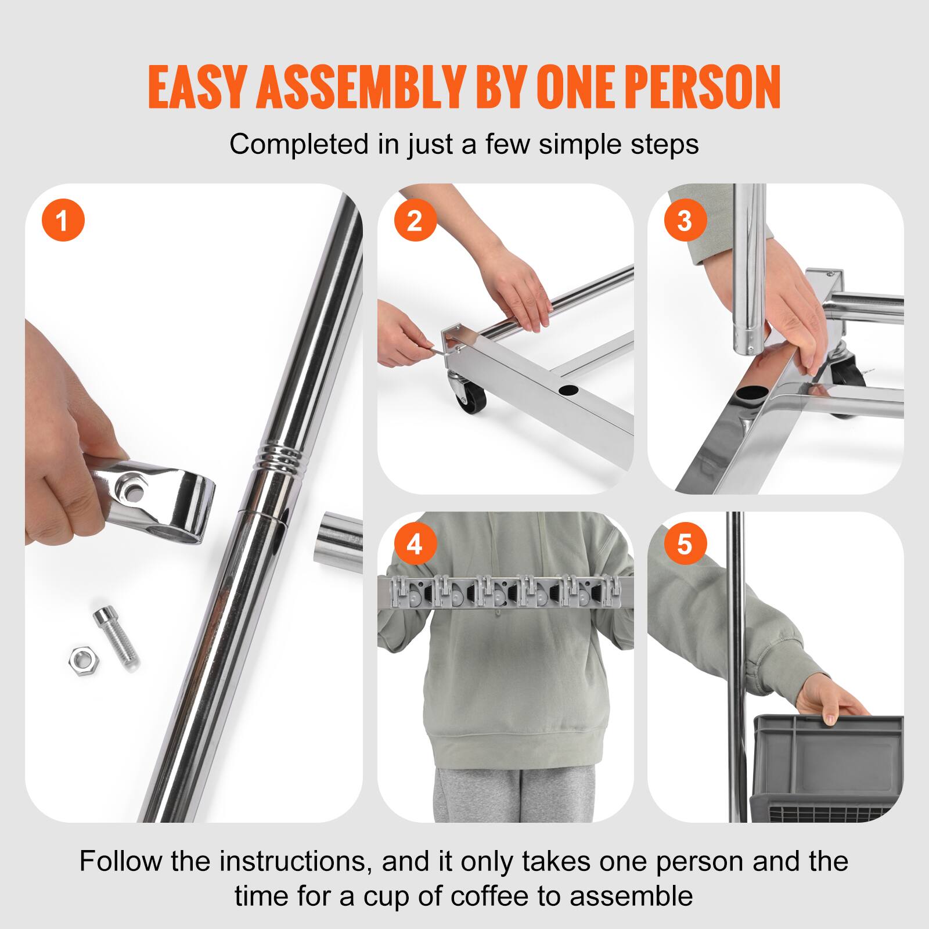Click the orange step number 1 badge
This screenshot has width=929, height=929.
click(63, 221)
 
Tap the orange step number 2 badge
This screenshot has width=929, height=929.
click(415, 221)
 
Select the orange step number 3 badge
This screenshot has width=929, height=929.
click(685, 221)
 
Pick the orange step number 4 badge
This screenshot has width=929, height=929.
click(415, 545)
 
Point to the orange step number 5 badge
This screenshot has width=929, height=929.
click(685, 545)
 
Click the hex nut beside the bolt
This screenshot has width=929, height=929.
click(85, 658)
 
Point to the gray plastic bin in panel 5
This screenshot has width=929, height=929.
click(827, 766)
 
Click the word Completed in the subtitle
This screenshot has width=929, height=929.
click(298, 144)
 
